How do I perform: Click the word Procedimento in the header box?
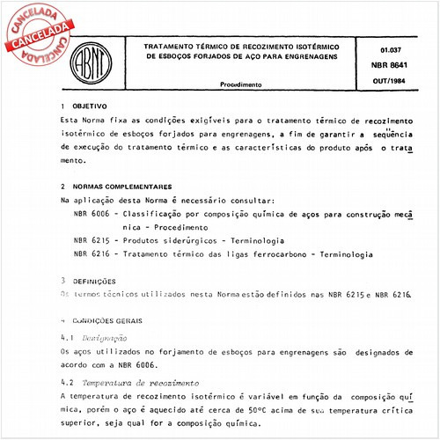click(240, 84)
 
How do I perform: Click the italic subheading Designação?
click(104, 338)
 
